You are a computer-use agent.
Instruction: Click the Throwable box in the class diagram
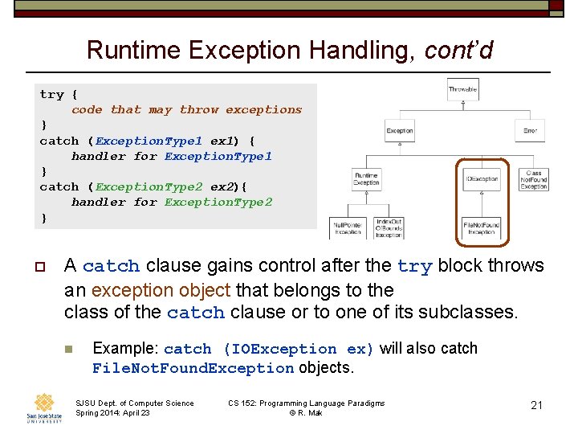coord(462,88)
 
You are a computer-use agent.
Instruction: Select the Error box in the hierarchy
coord(530,130)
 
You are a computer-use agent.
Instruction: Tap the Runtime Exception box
coord(367,179)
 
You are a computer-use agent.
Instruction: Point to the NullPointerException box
coord(348,227)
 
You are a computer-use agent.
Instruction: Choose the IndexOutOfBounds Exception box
coord(389,227)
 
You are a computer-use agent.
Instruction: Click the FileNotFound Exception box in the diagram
coord(481,227)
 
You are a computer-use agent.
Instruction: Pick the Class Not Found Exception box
coord(534,179)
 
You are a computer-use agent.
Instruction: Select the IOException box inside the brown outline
coord(481,179)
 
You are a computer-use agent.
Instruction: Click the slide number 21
coord(536,405)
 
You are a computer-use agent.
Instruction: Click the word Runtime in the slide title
coord(134,51)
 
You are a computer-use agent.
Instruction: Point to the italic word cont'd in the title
coord(458,51)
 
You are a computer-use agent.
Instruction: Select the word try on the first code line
coord(51,94)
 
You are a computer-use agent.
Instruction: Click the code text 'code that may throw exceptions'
coord(186,109)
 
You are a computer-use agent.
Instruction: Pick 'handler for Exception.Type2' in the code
coord(171,202)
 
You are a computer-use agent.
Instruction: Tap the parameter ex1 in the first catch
coord(222,140)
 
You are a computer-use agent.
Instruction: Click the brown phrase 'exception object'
coord(151,289)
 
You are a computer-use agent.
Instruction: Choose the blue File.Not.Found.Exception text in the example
coord(193,368)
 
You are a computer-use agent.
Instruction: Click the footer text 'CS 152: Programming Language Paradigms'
coord(306,403)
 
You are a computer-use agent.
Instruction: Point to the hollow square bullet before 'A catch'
coord(38,266)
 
